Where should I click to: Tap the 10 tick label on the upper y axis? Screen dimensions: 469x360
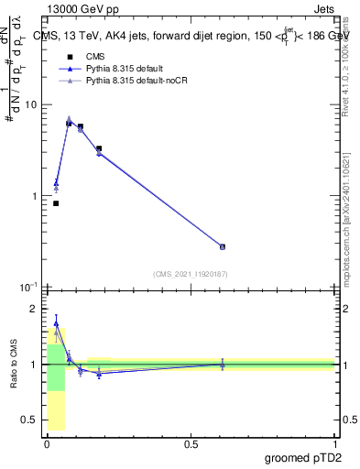coord(29,105)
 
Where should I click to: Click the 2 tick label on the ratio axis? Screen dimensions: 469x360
coord(33,309)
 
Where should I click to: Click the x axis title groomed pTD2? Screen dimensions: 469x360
coord(302,456)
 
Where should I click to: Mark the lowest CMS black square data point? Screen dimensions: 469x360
coord(56,203)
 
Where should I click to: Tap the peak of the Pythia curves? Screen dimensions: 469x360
coord(69,120)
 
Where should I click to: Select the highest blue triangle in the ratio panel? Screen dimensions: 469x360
coord(56,323)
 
